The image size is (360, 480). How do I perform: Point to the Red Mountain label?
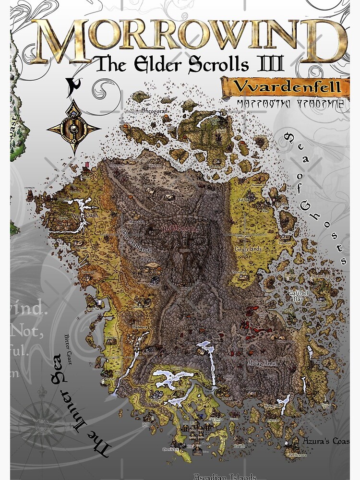click(x=180, y=229)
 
